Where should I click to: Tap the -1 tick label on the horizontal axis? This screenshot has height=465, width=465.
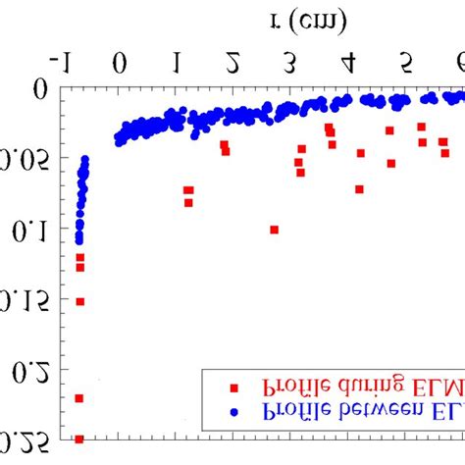[x=61, y=65]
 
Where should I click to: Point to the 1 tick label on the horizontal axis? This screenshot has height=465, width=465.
[x=176, y=65]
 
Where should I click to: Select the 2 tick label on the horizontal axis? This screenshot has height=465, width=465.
[x=232, y=65]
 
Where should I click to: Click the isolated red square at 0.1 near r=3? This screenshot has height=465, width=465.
[x=275, y=230]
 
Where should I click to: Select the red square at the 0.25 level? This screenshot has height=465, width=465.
[x=79, y=439]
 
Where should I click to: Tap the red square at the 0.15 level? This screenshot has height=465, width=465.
[x=79, y=301]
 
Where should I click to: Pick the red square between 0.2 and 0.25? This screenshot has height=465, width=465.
[x=79, y=397]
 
